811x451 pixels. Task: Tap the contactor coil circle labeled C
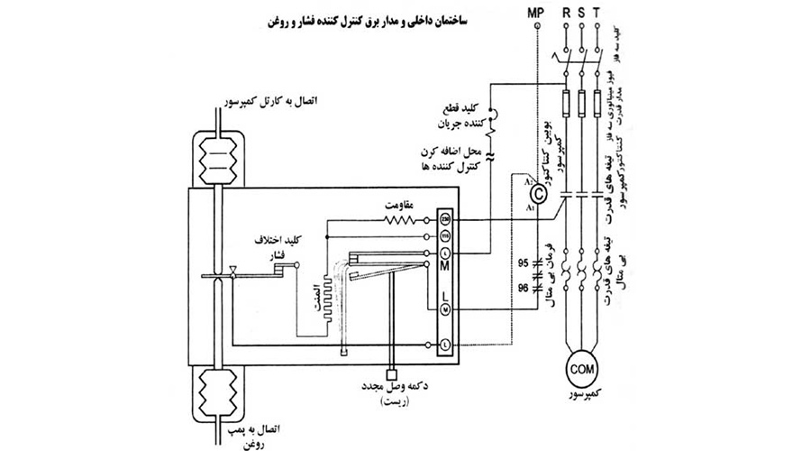538,193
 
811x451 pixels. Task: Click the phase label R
565,13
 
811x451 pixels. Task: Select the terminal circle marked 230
444,219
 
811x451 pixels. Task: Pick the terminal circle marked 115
444,236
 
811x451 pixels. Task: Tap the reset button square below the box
390,373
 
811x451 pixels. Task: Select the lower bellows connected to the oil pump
217,392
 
